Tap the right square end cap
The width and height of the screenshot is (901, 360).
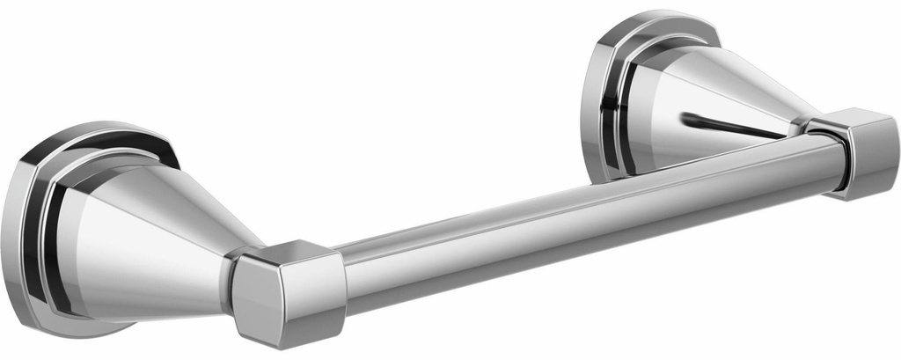pyautogui.click(x=863, y=152)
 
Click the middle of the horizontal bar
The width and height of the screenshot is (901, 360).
pyautogui.click(x=581, y=216)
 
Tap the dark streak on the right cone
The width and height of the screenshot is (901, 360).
pyautogui.click(x=730, y=126)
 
